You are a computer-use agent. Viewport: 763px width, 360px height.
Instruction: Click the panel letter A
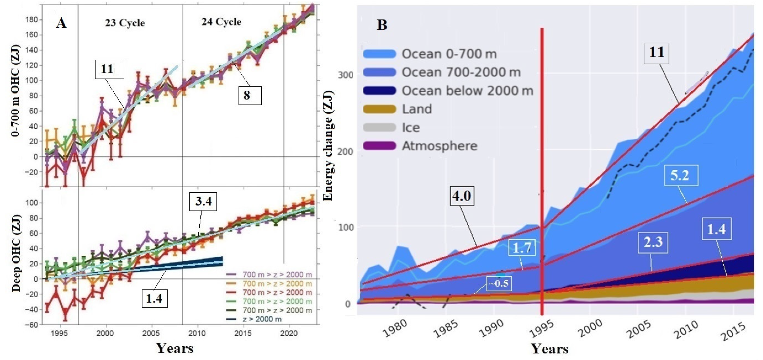coord(61,23)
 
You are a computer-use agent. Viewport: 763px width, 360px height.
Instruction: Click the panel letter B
coord(382,25)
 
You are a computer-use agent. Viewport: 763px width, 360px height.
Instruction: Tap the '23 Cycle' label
coord(125,23)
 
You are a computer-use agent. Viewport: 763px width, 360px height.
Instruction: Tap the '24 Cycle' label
coord(221,22)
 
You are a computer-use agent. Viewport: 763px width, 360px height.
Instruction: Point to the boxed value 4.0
coord(461,196)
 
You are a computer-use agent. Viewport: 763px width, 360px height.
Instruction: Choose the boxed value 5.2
coord(680,175)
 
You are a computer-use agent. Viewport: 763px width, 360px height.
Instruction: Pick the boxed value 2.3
coord(653,242)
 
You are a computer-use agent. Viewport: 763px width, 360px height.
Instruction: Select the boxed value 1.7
coord(522,247)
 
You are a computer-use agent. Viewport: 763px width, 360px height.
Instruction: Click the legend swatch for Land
coord(379,109)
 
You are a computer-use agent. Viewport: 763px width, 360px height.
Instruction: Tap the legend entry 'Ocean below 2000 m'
coord(467,91)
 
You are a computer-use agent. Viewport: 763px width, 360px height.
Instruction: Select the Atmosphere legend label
coord(439,146)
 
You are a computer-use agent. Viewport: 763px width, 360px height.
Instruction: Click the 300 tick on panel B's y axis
coord(345,75)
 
